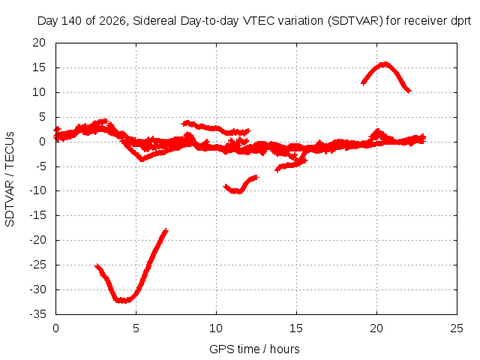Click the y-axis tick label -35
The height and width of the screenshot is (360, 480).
coord(38,314)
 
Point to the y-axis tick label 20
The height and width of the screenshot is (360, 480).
coord(39,43)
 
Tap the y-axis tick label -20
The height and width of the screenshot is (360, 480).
coord(38,240)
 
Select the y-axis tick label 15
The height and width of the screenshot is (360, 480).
coord(39,67)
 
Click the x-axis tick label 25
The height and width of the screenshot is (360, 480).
coord(457,328)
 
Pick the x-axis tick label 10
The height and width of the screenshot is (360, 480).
coord(216,328)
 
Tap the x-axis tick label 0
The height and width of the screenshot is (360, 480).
coord(55,328)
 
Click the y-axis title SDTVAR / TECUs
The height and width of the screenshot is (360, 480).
coord(10,179)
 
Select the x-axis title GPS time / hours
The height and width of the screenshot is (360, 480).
coord(254,349)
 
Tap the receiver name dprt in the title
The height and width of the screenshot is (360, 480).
coord(460,22)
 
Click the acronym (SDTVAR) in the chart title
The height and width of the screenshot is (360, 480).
coord(355,21)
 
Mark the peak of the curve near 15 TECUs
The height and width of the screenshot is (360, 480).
coord(385,64)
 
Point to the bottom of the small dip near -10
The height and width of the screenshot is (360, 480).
coord(236,192)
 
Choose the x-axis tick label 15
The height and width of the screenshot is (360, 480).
coord(296,328)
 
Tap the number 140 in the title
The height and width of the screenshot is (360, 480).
coord(72,21)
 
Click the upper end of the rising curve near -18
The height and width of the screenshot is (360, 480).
coord(166,229)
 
